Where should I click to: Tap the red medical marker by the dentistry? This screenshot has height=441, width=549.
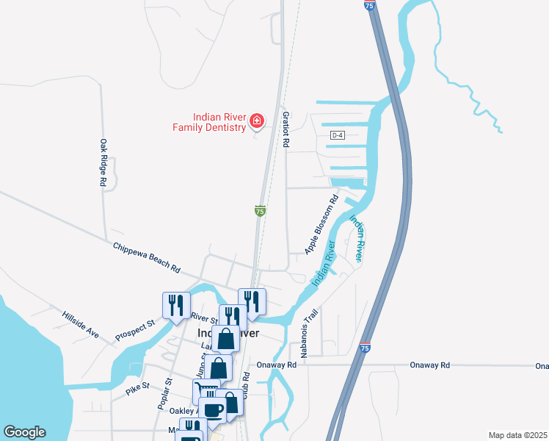pos(256,121)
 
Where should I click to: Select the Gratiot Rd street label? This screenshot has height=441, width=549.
pos(286,129)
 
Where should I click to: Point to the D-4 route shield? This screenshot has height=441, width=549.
pos(337,135)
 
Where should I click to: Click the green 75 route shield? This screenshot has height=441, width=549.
pos(260,211)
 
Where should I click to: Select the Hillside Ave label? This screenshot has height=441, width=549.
pos(80,323)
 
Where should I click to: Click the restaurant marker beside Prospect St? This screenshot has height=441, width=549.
pos(176,305)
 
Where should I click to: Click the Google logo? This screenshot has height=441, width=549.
pos(25,432)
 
